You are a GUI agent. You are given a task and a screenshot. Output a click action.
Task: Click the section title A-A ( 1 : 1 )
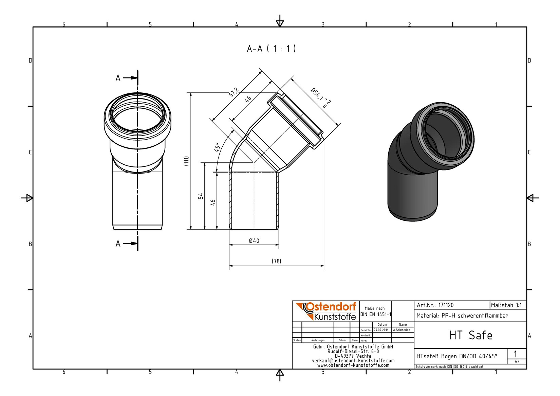[x=271, y=49]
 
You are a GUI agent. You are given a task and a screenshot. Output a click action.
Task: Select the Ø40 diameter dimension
[x=254, y=241]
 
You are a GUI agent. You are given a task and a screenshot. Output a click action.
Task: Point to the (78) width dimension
[x=276, y=261]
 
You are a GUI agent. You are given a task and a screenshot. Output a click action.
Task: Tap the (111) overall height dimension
[x=186, y=161]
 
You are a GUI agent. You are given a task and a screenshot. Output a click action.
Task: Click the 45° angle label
[x=217, y=147]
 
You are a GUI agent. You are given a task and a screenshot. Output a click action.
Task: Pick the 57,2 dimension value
[x=234, y=92]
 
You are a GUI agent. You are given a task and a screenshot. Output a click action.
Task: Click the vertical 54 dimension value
[x=201, y=196]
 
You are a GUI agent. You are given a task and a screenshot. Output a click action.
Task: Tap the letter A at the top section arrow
[x=118, y=78]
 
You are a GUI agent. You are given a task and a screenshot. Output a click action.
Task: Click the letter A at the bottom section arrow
[x=118, y=244]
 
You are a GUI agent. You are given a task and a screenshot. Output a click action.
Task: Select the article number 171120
[x=446, y=305]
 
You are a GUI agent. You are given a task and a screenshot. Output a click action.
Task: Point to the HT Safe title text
[x=471, y=335]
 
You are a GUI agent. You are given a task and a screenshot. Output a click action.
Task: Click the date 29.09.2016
[x=381, y=330]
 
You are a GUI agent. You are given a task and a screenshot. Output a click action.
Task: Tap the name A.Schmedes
[x=402, y=330]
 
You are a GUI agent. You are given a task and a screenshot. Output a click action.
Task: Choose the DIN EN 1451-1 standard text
[x=375, y=314]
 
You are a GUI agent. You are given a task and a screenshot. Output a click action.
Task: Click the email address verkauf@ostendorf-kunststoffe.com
[x=353, y=361]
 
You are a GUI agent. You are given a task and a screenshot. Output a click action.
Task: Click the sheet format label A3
[x=517, y=361]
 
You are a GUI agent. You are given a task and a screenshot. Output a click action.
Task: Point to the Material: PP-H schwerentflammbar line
[x=462, y=316]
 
